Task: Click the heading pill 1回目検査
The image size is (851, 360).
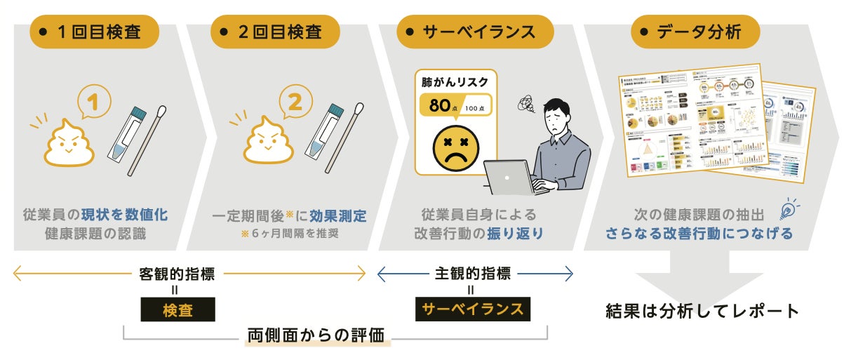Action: tap(95, 32)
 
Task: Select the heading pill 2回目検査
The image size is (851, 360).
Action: tap(275, 32)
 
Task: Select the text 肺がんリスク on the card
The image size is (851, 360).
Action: tap(455, 82)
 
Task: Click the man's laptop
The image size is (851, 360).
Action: tap(509, 178)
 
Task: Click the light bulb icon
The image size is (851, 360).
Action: tap(788, 208)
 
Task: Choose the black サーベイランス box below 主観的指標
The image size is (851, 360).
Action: tap(471, 309)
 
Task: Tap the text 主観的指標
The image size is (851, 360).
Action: tap(471, 274)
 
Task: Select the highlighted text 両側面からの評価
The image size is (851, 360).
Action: tap(316, 335)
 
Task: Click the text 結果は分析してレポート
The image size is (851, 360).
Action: tap(702, 311)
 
